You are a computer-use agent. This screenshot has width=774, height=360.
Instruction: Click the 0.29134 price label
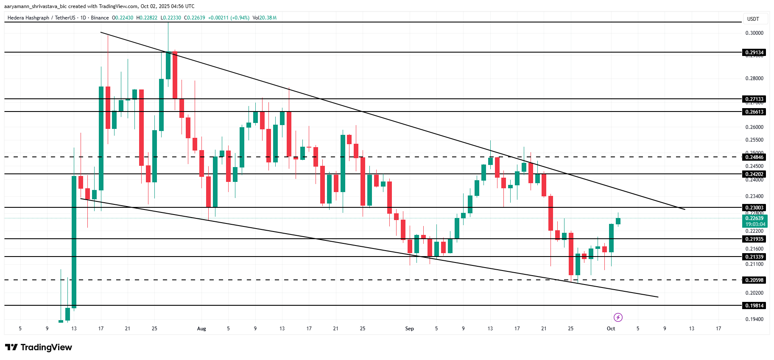click(x=754, y=53)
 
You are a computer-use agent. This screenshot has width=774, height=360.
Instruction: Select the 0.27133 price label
click(x=754, y=99)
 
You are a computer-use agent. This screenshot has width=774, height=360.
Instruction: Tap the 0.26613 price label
click(x=754, y=112)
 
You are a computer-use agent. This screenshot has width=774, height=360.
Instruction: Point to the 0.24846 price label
click(x=754, y=157)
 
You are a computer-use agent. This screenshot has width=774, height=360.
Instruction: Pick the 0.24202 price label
click(x=754, y=174)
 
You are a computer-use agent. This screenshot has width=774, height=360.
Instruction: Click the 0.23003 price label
click(x=754, y=208)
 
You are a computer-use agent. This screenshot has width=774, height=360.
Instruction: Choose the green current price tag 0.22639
click(x=755, y=218)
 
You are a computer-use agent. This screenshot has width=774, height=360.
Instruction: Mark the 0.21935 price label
click(x=754, y=239)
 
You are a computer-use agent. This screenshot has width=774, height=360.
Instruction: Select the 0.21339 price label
click(x=754, y=257)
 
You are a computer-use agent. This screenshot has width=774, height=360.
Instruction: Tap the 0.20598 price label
click(x=754, y=280)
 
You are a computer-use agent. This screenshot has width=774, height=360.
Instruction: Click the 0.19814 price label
click(x=754, y=306)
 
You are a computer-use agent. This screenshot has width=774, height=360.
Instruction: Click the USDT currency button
click(x=753, y=19)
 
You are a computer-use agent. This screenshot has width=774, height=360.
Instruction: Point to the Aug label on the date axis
click(x=201, y=329)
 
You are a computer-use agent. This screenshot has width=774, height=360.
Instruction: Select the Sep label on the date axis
click(x=409, y=329)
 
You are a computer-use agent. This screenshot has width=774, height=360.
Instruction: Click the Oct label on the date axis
click(x=611, y=329)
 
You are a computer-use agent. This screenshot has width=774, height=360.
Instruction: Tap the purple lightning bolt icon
click(x=618, y=317)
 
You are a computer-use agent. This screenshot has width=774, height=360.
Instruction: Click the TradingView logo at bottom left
click(x=39, y=347)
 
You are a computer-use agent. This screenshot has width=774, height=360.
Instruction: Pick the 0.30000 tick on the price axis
click(x=754, y=33)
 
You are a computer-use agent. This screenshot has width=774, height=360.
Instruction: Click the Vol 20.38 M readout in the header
click(x=264, y=18)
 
